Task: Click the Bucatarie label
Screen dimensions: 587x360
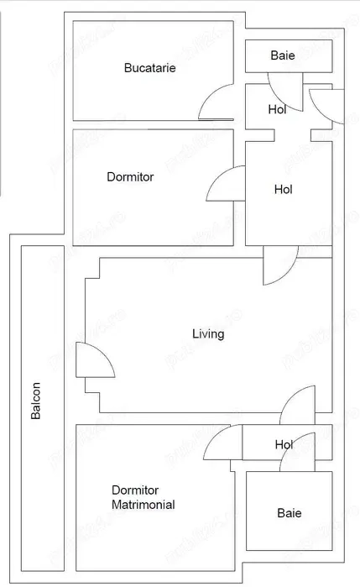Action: click(149, 69)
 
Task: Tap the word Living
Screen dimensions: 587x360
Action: click(208, 334)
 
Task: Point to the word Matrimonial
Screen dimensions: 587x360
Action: click(143, 506)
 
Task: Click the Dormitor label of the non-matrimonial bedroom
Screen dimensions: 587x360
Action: click(130, 177)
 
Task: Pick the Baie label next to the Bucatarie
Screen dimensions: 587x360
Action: click(283, 55)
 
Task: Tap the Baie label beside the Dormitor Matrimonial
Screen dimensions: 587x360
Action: click(290, 513)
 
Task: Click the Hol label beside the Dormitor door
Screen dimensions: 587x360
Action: click(284, 190)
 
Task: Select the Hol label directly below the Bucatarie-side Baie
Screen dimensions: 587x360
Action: click(277, 109)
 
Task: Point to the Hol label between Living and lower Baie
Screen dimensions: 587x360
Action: click(284, 444)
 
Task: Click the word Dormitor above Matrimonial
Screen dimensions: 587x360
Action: click(135, 490)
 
